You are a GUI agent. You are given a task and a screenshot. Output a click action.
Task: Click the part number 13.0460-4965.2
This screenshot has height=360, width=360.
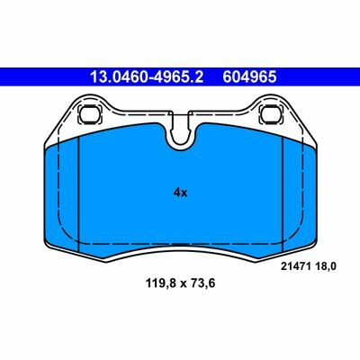click(x=147, y=77)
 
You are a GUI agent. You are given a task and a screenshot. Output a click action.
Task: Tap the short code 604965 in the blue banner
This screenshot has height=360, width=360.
click(x=249, y=77)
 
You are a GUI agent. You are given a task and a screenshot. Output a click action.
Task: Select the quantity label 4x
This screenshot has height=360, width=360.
click(x=180, y=193)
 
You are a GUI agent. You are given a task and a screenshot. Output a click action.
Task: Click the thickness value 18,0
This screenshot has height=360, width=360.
click(x=325, y=266)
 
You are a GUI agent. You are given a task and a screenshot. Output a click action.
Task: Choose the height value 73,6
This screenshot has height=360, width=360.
click(x=203, y=283)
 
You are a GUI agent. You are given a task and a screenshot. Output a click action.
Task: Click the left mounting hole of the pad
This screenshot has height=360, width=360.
click(x=88, y=113)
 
